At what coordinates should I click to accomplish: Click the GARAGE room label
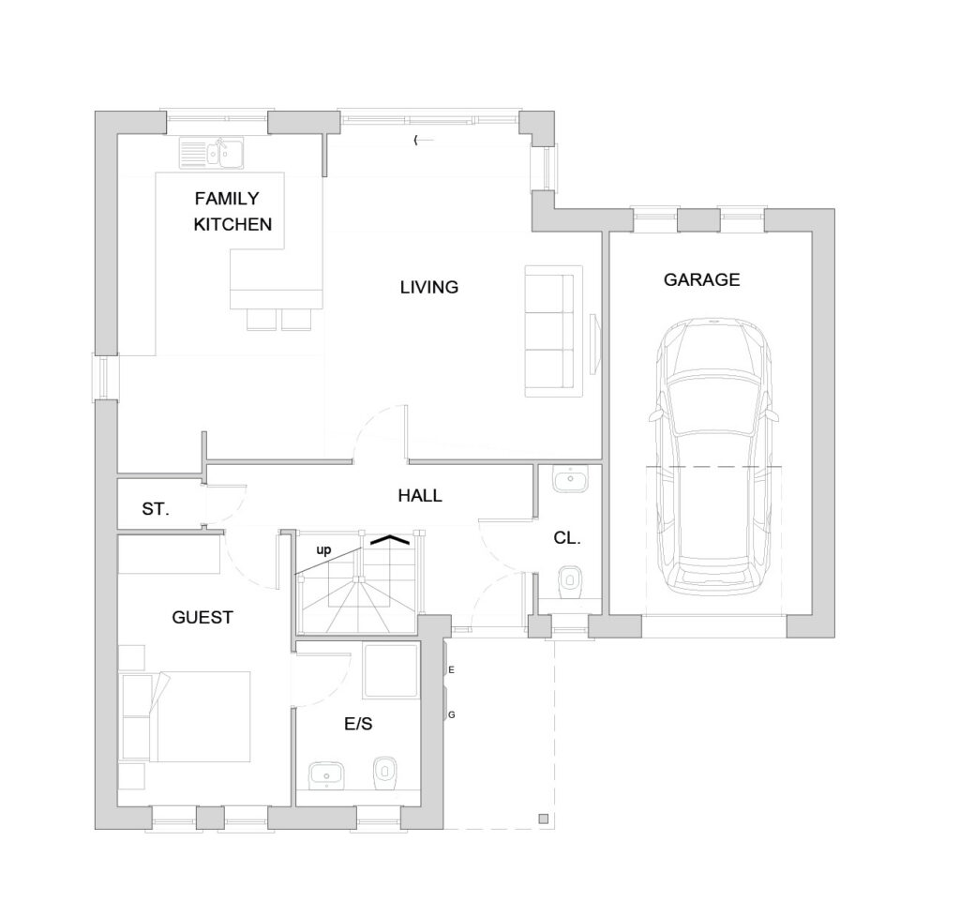701,279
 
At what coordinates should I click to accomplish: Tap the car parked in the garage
713,458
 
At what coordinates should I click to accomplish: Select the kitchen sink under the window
211,153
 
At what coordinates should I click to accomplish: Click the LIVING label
429,287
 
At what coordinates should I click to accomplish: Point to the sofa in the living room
553,331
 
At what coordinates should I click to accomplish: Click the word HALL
420,495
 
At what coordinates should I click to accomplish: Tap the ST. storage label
156,509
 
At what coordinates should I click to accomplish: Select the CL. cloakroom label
567,538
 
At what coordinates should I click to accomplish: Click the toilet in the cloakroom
571,580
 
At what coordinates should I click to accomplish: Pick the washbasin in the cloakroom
570,478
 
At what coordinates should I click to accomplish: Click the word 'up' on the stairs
323,549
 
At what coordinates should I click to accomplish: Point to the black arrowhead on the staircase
389,539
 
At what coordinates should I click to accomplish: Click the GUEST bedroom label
202,617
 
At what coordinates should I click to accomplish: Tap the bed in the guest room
187,716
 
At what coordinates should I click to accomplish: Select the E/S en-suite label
358,725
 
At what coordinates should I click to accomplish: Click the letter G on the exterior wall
452,715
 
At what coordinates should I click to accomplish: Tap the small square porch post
543,818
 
